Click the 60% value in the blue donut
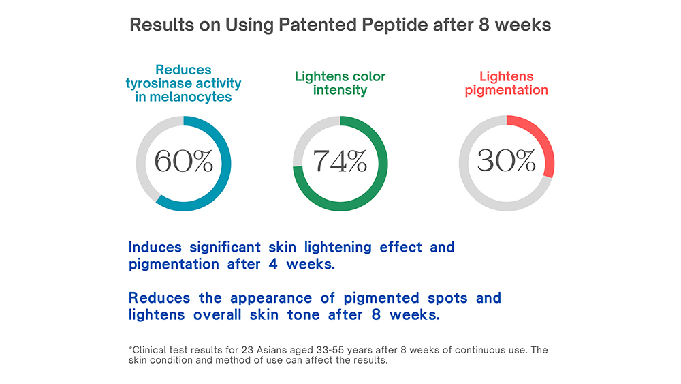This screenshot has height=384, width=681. click(183, 162)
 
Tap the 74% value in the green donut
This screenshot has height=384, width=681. click(340, 162)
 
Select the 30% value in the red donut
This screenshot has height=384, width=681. click(506, 162)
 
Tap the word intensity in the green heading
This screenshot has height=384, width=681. click(340, 90)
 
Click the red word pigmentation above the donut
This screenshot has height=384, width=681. click(507, 90)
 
